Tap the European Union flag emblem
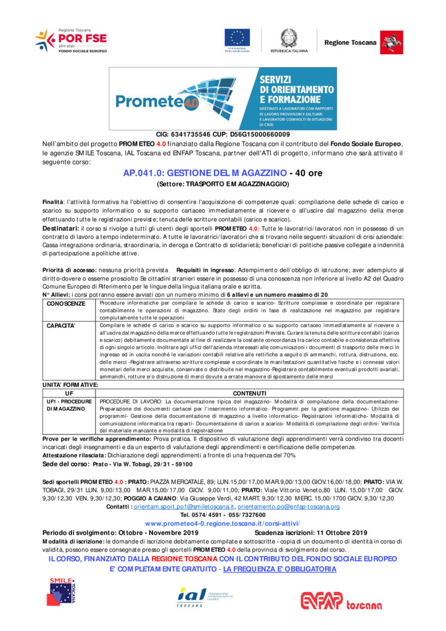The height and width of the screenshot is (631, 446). (x=237, y=39)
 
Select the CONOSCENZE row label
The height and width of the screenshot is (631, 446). (x=66, y=304)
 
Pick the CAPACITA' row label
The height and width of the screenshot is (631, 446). (x=61, y=325)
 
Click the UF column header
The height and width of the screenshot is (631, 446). (x=69, y=393)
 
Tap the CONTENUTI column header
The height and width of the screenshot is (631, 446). (x=249, y=393)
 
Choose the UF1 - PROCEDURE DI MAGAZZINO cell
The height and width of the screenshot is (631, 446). (x=69, y=405)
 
